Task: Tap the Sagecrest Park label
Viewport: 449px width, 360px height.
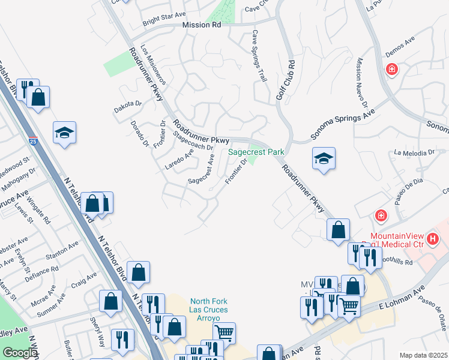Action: click(256, 152)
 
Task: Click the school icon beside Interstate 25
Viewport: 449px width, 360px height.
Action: click(64, 133)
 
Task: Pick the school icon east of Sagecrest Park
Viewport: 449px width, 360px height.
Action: click(324, 158)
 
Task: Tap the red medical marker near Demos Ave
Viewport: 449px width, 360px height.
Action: click(391, 69)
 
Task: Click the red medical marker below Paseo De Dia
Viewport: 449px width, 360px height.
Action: click(380, 215)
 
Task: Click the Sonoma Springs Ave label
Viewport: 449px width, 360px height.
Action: click(343, 125)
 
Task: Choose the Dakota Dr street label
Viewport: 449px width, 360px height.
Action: click(127, 106)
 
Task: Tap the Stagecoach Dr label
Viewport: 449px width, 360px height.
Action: click(193, 139)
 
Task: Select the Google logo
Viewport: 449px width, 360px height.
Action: click(20, 353)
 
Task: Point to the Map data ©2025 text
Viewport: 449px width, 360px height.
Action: click(424, 355)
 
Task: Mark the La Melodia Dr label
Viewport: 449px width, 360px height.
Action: click(414, 152)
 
